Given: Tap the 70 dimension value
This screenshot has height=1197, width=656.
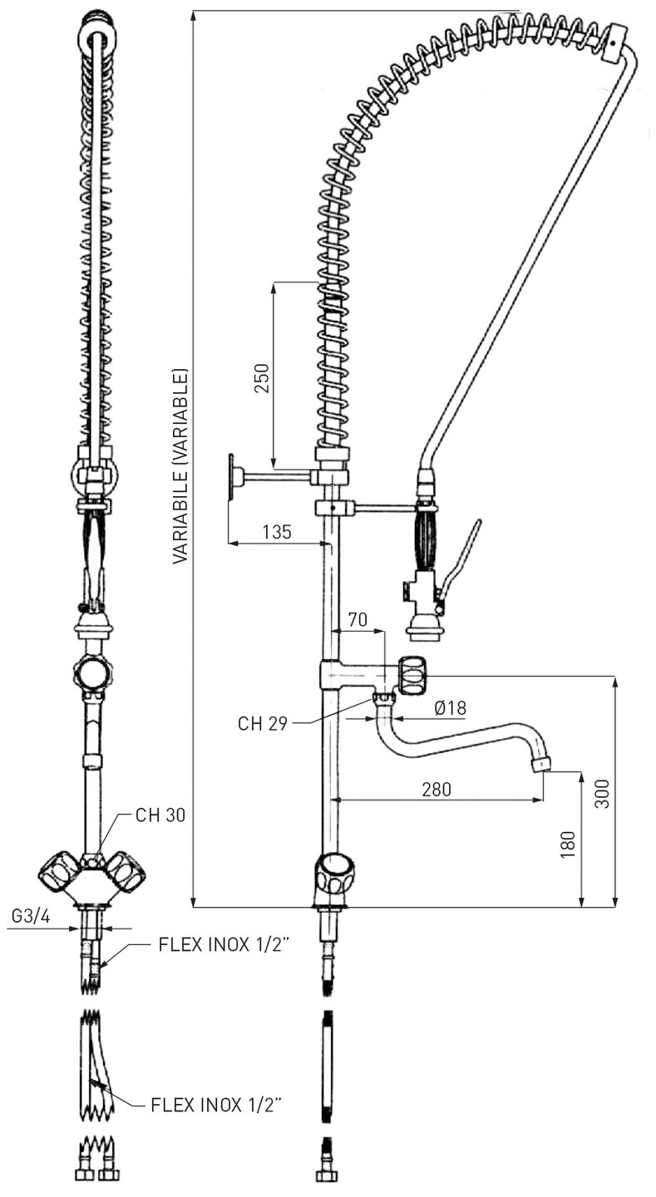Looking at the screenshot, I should tap(358, 619).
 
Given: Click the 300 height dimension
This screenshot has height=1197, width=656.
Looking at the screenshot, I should tap(604, 794).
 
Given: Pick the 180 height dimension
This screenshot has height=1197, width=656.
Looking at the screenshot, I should tap(569, 844).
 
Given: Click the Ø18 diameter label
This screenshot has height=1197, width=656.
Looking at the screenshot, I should tap(451, 708).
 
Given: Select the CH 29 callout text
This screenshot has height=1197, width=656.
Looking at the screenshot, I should tap(263, 723).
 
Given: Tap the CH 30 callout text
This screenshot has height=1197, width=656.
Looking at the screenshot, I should tap(160, 815).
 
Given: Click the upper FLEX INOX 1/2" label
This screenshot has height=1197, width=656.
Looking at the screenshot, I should tap(224, 946).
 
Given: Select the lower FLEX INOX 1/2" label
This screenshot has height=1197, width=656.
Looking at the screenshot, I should tap(216, 1105).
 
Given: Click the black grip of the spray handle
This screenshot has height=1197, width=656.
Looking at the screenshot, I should tap(426, 541).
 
